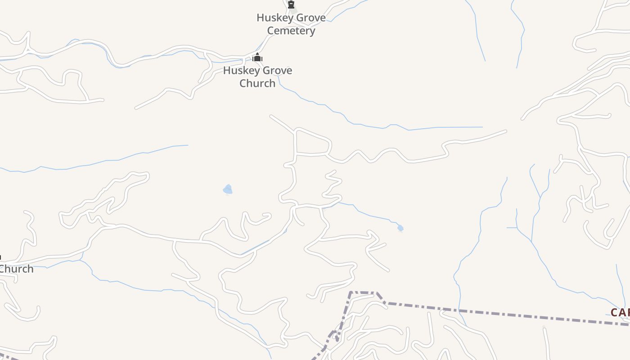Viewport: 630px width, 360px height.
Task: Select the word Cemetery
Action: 291,31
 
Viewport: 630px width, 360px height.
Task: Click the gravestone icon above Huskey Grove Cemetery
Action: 291,5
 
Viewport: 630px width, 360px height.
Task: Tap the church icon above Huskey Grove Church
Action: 257,58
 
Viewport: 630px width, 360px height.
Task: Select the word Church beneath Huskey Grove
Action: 257,84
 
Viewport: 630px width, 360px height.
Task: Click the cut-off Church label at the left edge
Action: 16,269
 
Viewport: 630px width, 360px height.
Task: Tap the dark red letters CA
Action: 620,312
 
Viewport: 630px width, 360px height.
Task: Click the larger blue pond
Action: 228,190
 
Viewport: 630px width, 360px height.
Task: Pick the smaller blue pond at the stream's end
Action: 400,229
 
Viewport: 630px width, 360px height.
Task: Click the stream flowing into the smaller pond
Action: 369,214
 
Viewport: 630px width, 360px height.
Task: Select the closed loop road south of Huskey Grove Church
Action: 313,143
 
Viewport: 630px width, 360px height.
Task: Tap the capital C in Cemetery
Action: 270,31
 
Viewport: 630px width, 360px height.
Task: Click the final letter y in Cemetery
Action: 312,32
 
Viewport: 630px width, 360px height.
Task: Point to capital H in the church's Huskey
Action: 227,71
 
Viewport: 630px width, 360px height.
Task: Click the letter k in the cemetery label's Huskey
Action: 280,18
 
